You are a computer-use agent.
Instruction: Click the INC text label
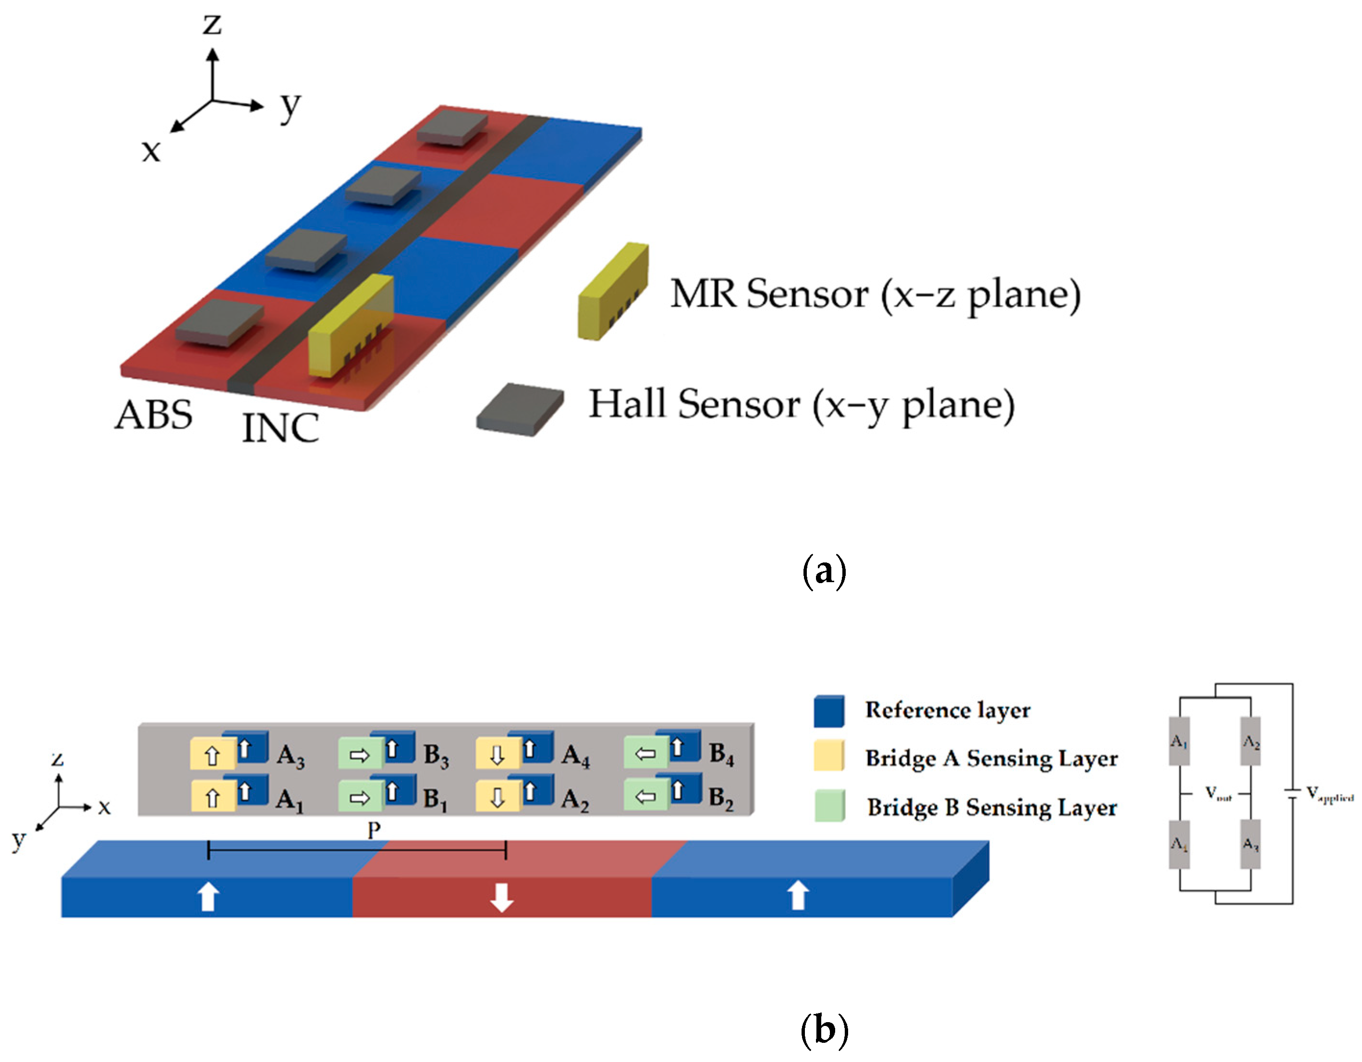point(280,428)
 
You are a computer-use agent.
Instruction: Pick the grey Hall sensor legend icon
point(520,409)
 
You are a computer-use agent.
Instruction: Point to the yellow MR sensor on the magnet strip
point(351,328)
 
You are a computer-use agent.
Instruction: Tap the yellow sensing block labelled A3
point(212,755)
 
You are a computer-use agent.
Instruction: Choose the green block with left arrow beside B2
point(645,796)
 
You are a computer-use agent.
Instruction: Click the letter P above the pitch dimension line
point(374,830)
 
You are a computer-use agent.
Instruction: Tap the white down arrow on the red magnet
point(501,897)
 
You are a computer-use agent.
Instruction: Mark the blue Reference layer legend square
point(829,711)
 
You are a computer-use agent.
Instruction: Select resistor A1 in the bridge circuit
point(1179,741)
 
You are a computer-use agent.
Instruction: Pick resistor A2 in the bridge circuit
point(1251,741)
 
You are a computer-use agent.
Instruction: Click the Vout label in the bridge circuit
point(1218,793)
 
